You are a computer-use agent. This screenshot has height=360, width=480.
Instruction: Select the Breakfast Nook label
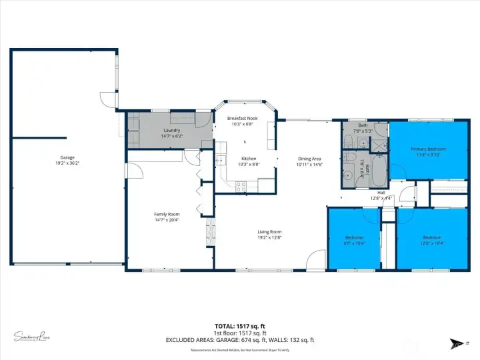pos(243,118)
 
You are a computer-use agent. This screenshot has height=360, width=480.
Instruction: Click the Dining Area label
pos(310,159)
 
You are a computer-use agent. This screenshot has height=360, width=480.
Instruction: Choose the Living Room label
pos(270,232)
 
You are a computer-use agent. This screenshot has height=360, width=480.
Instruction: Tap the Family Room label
pos(167,214)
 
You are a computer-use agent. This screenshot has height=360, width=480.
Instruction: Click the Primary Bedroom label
pos(428,149)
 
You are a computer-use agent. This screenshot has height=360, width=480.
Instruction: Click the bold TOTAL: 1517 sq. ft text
pos(240,326)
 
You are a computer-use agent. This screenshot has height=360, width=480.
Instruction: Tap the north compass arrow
pos(458,342)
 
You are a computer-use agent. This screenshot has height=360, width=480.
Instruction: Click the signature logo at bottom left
pos(31,337)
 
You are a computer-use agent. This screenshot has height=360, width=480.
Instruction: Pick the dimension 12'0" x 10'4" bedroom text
pos(431,243)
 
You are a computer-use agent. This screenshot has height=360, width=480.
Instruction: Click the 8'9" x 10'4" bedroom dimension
pos(354,243)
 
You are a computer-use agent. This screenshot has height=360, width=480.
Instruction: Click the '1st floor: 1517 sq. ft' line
pos(240,333)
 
